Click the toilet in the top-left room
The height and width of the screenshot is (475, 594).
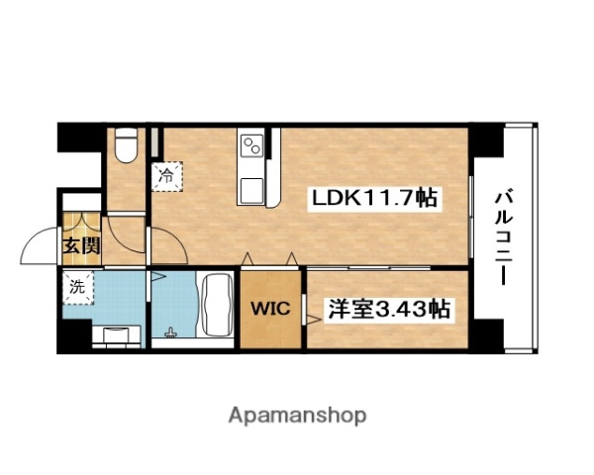124,146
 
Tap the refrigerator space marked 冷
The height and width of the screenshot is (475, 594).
166,173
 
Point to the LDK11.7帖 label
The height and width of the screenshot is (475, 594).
375,198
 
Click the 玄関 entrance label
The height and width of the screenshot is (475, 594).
81,246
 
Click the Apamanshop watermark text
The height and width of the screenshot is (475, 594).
298,415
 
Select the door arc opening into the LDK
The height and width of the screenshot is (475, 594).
127,233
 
